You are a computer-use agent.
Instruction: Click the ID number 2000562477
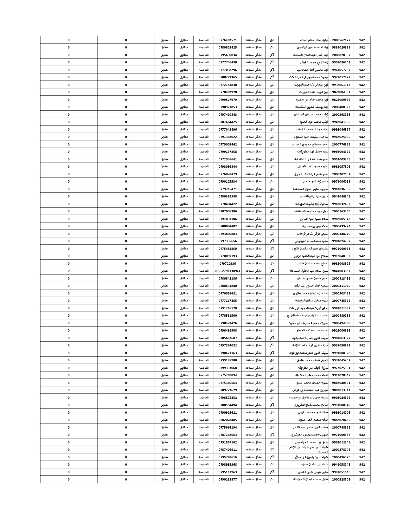point(341,40)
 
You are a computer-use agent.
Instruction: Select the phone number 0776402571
point(228,40)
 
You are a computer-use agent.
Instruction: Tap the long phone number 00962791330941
point(228,271)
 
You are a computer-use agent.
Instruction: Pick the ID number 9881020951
point(341,48)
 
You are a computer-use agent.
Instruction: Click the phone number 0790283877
point(228,480)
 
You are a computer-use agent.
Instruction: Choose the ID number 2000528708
point(341,480)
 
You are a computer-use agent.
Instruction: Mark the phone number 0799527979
point(228,100)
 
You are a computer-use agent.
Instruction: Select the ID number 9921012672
point(341,77)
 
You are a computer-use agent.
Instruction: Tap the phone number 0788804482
point(228,226)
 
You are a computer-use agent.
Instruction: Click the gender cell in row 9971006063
point(272,182)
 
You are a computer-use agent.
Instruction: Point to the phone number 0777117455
point(228,301)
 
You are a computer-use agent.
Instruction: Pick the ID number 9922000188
point(341,331)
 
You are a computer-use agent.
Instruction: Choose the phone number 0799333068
point(228,368)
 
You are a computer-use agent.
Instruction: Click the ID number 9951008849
point(341,405)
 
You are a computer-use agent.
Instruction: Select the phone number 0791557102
point(228,442)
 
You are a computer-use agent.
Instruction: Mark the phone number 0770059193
point(228,256)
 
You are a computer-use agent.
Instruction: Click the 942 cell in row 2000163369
point(362,211)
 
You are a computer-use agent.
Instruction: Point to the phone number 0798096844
point(228,167)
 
